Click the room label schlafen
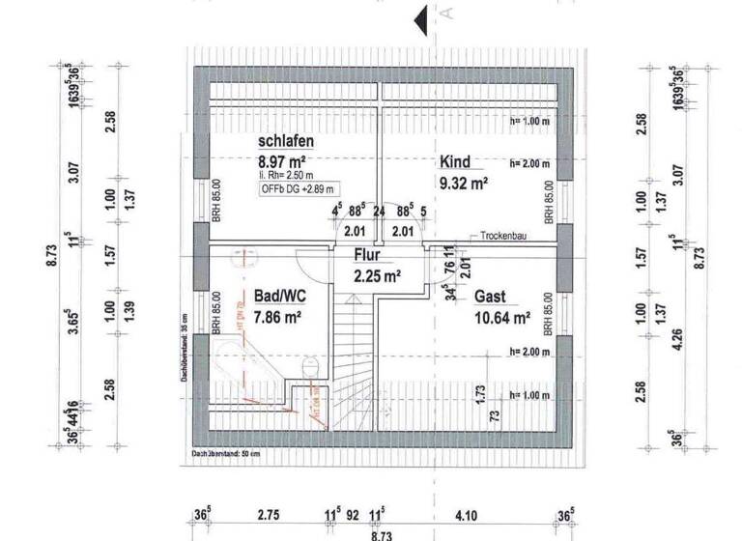pos(286,142)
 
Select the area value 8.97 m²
pos(283,161)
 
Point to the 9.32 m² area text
pos(464,181)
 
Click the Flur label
pos(366,257)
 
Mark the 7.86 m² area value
pos(279,315)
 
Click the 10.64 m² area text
pos(501,316)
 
